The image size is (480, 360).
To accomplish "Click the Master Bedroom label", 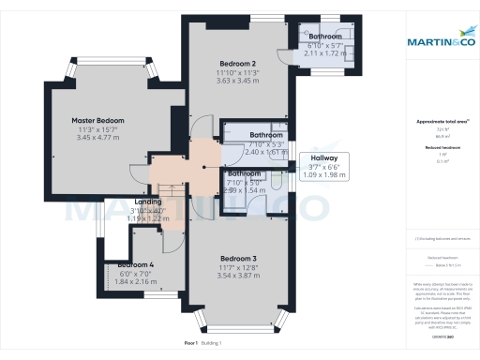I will tap(98, 121).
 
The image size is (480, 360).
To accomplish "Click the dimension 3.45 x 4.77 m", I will tap(98, 139).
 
